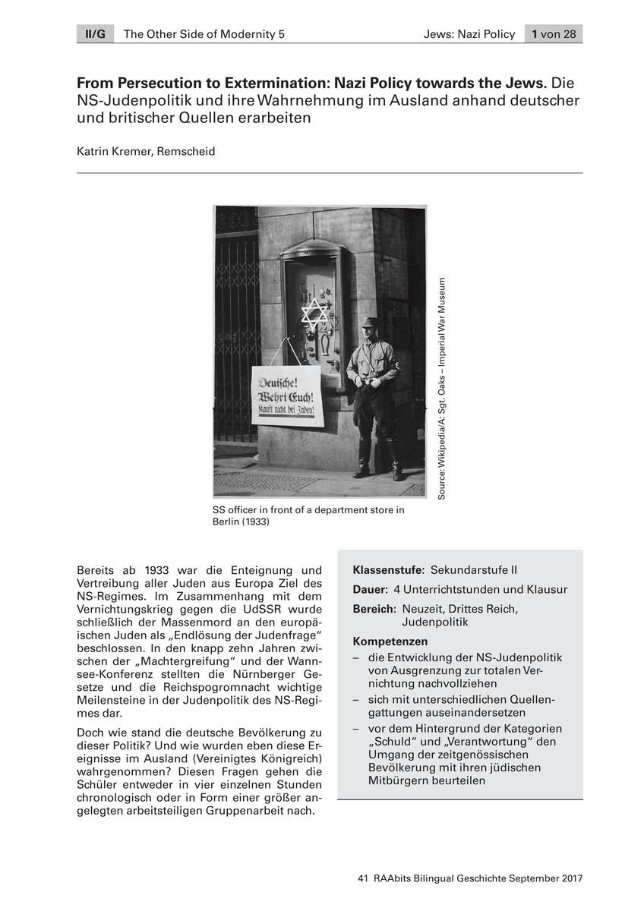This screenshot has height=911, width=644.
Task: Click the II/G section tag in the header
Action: coord(94,34)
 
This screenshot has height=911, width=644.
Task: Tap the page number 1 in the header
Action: coord(535,34)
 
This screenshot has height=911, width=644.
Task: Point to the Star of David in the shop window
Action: coord(312,314)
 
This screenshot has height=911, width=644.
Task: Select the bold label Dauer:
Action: coord(371,589)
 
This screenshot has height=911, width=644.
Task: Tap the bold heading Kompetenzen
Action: coord(390,641)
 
